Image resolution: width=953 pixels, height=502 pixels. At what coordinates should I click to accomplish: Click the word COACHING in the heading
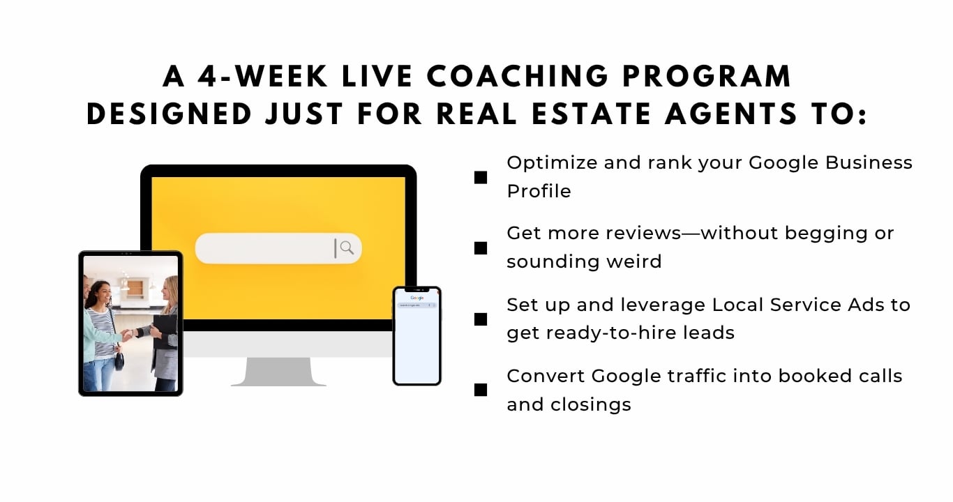(x=518, y=77)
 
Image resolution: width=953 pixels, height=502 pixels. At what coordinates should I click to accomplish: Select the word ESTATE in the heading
(x=592, y=114)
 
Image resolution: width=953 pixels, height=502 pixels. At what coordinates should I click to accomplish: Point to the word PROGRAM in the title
(x=707, y=77)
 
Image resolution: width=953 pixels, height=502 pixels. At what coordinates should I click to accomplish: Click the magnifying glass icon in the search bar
(x=347, y=248)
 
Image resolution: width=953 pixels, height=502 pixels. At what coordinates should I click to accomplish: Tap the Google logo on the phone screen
(x=417, y=298)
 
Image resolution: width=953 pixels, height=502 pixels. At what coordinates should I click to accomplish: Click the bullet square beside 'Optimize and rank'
(x=481, y=178)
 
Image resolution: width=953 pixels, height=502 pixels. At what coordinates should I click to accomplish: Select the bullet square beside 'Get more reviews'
(x=481, y=248)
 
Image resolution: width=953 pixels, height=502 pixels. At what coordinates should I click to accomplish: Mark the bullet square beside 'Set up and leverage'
(x=481, y=319)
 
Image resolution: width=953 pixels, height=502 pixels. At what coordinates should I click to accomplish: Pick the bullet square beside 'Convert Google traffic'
(x=481, y=390)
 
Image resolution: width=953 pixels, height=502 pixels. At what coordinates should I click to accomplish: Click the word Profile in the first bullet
(x=539, y=191)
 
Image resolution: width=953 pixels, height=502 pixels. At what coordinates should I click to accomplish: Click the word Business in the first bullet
(x=869, y=162)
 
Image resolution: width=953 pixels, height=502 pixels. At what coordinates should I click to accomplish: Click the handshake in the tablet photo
(x=128, y=335)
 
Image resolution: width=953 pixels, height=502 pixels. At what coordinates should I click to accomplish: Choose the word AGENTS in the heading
(x=731, y=114)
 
